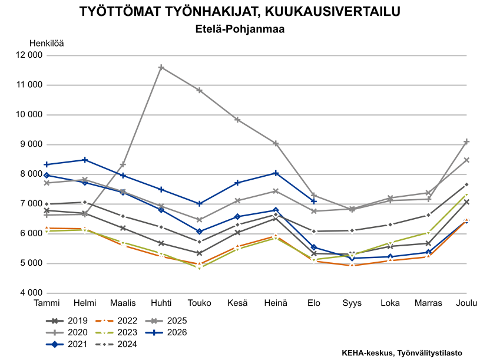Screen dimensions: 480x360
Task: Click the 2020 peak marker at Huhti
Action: (161, 67)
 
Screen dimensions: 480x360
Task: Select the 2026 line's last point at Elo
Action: (313, 201)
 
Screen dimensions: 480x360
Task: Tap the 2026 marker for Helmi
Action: (85, 160)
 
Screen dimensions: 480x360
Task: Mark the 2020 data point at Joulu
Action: (466, 141)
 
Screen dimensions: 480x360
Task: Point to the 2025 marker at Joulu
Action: (466, 160)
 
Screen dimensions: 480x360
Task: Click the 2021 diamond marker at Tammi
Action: (47, 176)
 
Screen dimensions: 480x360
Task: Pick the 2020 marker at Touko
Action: (199, 90)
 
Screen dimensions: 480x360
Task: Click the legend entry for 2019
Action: (67, 321)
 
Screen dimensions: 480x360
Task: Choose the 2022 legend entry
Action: (116, 321)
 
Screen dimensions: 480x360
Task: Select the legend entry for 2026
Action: (165, 332)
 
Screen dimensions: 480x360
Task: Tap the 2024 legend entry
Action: (116, 345)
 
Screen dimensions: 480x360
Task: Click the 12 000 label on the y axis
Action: (29, 55)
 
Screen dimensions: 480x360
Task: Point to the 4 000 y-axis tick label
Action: (31, 293)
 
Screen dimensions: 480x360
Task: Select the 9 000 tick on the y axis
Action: (31, 144)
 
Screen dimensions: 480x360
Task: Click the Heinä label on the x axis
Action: (276, 303)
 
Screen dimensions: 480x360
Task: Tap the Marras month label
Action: (428, 303)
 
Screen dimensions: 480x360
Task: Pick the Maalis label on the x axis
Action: (123, 303)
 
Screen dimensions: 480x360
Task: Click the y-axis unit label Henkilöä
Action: (47, 44)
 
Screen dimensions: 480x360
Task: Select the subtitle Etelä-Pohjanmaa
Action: (240, 29)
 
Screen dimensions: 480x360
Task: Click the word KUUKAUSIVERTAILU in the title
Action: (332, 12)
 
